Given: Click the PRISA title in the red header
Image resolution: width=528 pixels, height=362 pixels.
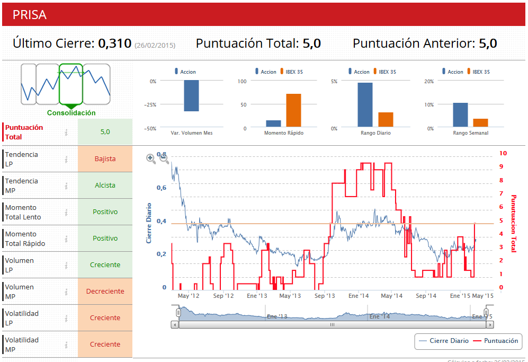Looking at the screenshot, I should [30, 15].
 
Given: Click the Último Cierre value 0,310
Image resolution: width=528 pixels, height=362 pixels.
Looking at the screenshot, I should [114, 43].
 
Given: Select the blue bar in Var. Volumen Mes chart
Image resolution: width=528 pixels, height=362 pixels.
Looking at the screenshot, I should [191, 96].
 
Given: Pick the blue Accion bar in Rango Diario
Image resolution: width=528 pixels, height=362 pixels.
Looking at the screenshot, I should [365, 105].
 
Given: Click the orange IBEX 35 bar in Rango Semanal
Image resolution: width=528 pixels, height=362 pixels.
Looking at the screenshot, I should [480, 122].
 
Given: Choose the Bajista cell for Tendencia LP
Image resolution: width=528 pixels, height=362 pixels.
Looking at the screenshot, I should [105, 158].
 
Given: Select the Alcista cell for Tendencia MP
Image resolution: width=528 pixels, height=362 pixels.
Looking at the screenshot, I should [105, 186].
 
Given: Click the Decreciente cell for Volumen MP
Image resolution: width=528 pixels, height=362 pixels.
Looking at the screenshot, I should [105, 291].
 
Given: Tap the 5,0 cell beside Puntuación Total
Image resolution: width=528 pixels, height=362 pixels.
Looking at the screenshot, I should [105, 132].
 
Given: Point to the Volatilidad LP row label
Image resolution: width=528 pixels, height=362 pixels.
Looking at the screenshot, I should [22, 318].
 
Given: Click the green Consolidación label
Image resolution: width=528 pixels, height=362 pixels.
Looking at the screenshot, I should [71, 113].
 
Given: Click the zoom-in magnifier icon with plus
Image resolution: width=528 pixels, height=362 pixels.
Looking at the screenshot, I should [150, 158].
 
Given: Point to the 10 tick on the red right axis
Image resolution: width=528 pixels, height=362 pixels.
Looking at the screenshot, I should [503, 153].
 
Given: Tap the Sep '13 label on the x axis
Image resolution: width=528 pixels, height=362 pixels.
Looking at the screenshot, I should [324, 296].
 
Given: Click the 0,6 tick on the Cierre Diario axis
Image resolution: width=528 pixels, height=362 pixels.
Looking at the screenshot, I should [160, 188].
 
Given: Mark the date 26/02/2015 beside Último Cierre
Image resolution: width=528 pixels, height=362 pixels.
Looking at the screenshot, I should [155, 46].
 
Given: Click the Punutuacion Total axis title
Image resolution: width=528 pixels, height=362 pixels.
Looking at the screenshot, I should [513, 223].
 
